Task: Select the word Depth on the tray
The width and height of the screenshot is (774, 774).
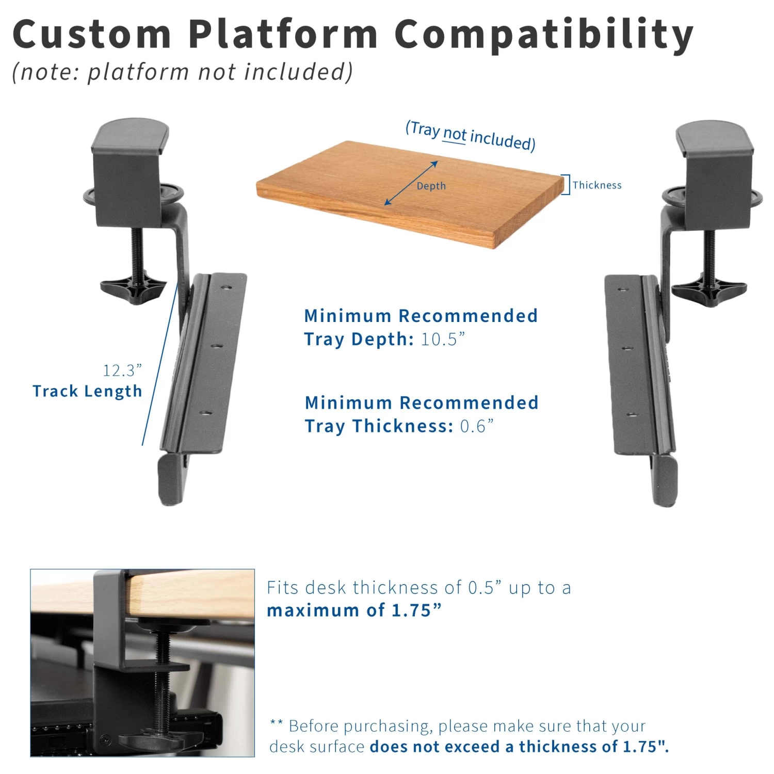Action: pos(431,186)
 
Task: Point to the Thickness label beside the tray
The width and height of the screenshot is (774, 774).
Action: pos(597,185)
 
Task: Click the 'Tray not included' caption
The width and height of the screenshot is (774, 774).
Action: pos(470,135)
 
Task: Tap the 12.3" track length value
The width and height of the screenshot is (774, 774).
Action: pos(122,370)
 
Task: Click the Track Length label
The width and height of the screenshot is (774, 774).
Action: pos(87,391)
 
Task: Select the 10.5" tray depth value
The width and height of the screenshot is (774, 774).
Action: pos(443,340)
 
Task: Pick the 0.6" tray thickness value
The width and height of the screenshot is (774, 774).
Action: pos(476,426)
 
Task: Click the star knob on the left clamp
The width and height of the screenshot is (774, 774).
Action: pos(133,289)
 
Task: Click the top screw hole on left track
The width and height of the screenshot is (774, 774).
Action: pos(225,288)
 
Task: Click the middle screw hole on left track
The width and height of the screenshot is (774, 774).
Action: pos(216,346)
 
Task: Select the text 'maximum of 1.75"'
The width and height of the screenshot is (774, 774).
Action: pos(354,610)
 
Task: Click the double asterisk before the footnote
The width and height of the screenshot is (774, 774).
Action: pos(276,723)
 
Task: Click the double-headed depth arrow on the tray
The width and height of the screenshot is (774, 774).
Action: pos(411,183)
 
